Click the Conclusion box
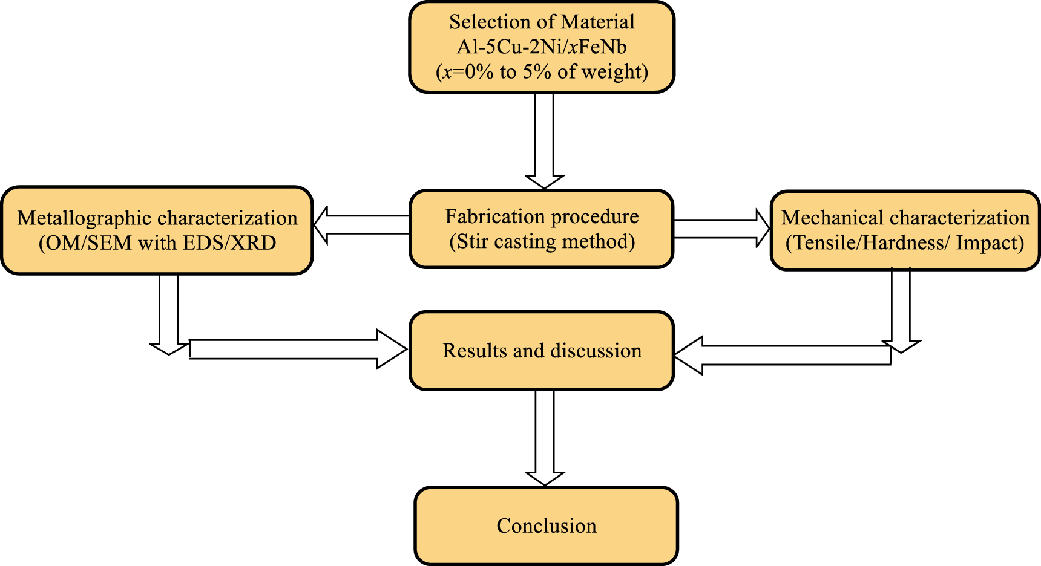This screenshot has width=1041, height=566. pos(546,526)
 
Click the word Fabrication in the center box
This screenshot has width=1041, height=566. pos(487,216)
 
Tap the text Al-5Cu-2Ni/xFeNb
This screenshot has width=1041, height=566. pos(542,47)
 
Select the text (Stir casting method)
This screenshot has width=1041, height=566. pos(542,242)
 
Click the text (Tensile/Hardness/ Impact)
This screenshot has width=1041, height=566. pos(905,243)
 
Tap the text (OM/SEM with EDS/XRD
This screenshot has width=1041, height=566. pos(157,243)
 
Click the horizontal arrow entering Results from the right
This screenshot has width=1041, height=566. pos(781,356)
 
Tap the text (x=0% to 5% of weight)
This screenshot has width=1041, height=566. pos(542,72)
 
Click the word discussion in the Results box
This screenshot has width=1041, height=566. pos(596,351)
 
